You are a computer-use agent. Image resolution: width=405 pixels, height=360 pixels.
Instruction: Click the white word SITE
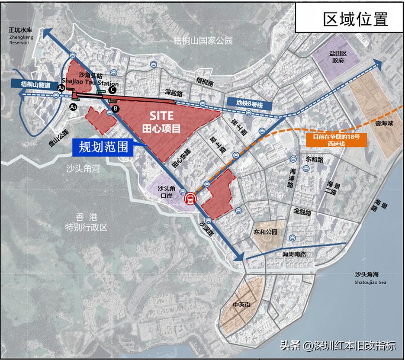[162, 116]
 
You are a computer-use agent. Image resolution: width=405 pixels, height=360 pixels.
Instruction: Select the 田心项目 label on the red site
[161, 128]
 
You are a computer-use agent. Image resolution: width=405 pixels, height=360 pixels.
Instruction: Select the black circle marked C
[112, 90]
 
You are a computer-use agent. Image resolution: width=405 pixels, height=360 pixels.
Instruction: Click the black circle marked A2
[61, 87]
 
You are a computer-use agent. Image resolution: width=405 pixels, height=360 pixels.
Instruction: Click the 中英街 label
[241, 304]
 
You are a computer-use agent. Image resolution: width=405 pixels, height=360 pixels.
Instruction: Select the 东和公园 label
[266, 232]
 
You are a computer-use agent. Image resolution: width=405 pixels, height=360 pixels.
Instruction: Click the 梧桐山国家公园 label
[202, 41]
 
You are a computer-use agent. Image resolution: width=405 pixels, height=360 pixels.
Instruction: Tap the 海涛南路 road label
[294, 254]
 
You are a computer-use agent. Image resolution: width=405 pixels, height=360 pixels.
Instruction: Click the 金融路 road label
[305, 212]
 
